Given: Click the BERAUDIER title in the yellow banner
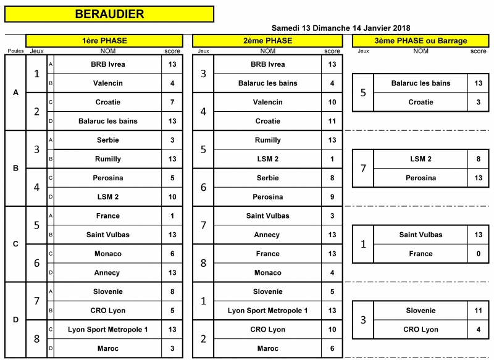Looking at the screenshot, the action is pos(109,14).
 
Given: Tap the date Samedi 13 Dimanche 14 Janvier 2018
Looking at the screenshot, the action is pos(341,28).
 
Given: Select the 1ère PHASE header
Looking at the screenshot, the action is pos(104,41).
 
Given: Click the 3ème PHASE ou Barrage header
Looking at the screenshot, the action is pos(421,41).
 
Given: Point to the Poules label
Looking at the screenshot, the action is pos(15,51).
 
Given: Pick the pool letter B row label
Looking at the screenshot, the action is pos(15,168).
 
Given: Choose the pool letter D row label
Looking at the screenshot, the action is pos(15,320).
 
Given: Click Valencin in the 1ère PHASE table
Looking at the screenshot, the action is pos(107,83).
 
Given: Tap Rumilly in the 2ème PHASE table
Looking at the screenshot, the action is pos(268,140).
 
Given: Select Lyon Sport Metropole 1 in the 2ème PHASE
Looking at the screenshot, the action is pos(268,311).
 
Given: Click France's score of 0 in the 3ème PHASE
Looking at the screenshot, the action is pos(478,254).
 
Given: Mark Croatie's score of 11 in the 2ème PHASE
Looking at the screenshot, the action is pos(332,121).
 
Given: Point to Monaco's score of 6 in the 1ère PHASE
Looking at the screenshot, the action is pos(172,254).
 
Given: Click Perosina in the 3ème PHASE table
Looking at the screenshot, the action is pos(421,178).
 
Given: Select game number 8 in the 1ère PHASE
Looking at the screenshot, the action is pos(36,339).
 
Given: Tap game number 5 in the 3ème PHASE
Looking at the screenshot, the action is pos(363,93).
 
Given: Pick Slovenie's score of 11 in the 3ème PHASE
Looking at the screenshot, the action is pos(478,311).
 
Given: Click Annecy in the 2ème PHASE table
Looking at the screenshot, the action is pos(267,235).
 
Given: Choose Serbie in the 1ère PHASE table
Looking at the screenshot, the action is pos(107,140).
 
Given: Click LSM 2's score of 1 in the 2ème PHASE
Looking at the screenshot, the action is pos(332,159).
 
